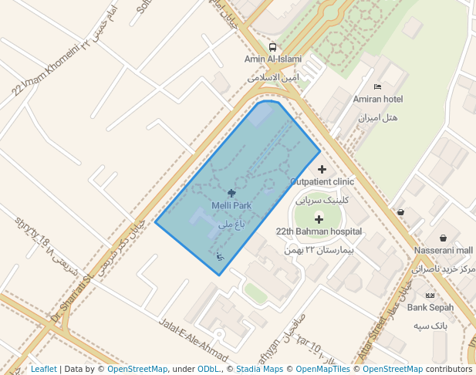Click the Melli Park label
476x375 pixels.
tap(231, 206)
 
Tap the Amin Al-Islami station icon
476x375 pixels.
tap(272, 47)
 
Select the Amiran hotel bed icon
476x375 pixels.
tap(377, 86)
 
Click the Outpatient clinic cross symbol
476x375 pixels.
tap(322, 169)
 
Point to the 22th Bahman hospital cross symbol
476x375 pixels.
tap(319, 219)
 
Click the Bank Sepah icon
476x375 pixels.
tap(430, 296)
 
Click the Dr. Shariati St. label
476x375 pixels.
tap(71, 296)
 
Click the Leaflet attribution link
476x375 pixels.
tap(44, 369)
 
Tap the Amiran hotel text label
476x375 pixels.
tap(378, 99)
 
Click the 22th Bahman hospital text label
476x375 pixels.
tap(319, 231)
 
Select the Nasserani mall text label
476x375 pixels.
tap(444, 250)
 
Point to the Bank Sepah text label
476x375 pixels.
tap(430, 307)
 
